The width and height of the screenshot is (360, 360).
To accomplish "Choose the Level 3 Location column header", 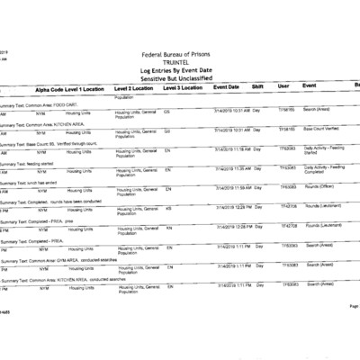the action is (x=183, y=89).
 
